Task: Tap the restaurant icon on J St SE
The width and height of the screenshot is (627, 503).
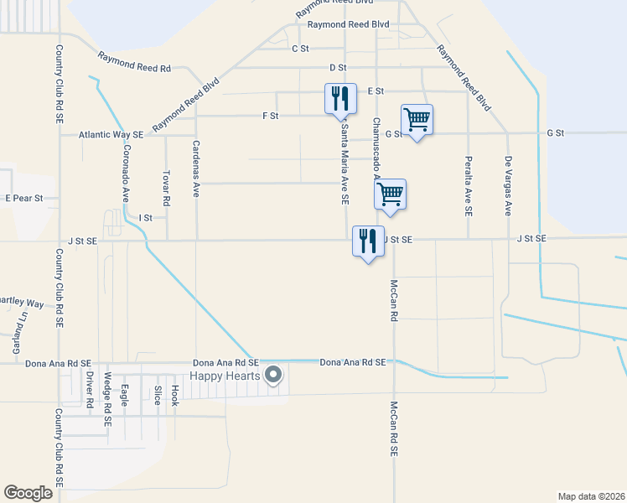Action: coord(367,241)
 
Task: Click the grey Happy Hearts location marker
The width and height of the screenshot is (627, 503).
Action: coord(272,376)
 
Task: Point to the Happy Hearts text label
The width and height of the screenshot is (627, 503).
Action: coord(225,376)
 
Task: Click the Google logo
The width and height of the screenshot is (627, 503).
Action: coord(28,493)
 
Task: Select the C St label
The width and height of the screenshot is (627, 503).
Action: coord(301,49)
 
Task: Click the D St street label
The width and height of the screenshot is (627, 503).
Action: coord(338,67)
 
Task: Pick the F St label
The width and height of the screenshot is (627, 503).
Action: coord(270,115)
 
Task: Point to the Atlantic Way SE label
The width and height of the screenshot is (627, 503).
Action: coord(111,134)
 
